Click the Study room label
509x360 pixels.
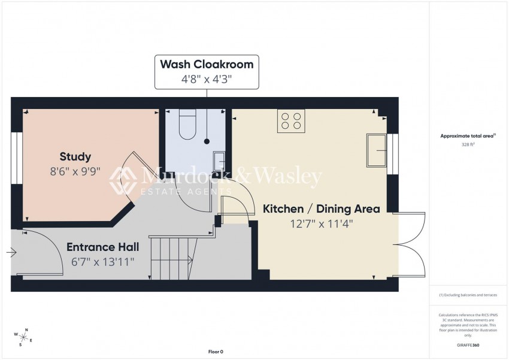coord(75,157)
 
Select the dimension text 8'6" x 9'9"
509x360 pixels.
coord(75,171)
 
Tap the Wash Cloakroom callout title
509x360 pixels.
coord(205,64)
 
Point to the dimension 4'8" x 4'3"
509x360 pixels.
coord(205,78)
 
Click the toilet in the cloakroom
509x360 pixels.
coord(187,125)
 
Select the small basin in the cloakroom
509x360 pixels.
coord(220,161)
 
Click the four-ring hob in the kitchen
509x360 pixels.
coord(292,120)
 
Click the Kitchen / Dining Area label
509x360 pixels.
coord(322,209)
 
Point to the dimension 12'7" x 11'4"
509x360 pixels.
coord(322,224)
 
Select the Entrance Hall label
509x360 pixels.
coord(102,247)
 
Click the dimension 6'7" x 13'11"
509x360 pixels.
coord(102,261)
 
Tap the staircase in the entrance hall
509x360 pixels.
coord(171,258)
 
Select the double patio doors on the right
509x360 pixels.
coord(412,243)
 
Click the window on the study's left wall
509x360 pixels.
coord(17,160)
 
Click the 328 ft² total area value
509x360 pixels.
coord(467,145)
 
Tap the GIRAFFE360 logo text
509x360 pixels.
coord(468,345)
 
